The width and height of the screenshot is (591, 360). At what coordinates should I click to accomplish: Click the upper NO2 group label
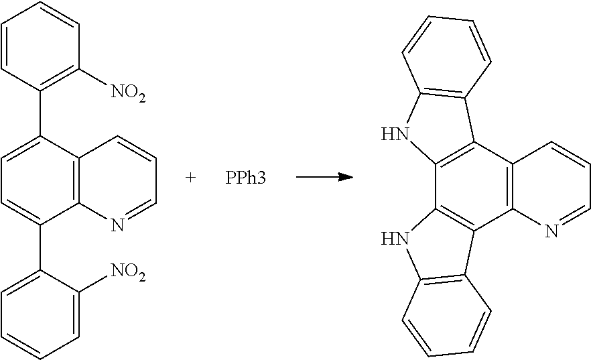128,93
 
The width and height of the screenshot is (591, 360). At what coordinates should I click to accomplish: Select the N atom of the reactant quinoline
118,225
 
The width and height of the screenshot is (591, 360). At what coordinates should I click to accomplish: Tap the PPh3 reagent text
245,178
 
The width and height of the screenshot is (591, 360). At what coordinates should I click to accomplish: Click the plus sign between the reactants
191,178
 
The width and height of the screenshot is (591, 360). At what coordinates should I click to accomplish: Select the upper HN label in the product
395,134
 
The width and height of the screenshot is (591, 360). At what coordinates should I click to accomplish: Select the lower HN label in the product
395,239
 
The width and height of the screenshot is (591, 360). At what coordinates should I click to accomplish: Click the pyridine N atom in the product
551,231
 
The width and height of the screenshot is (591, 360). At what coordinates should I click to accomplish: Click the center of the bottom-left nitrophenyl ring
40,314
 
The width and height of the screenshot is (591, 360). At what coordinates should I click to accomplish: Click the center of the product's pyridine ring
551,186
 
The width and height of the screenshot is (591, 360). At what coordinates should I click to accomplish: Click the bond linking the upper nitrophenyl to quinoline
40,113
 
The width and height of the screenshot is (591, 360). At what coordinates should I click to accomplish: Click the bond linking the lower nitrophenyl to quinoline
40,247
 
